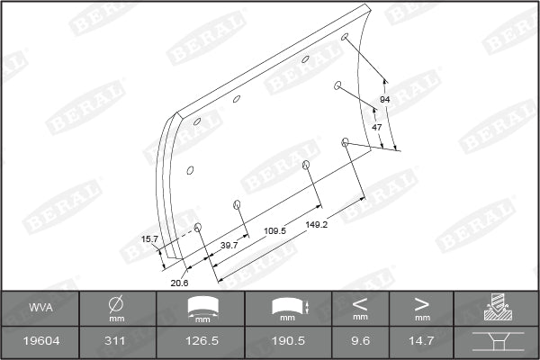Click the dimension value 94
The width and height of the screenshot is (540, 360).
(385, 98)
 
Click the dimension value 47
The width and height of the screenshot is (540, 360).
(377, 128)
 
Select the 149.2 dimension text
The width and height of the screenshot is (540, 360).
(317, 224)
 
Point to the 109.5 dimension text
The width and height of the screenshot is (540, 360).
(274, 231)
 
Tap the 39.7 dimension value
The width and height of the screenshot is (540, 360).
(228, 245)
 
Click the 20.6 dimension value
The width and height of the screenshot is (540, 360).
(179, 283)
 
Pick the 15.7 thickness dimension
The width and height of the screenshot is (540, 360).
(149, 238)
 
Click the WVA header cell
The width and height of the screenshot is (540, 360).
(40, 310)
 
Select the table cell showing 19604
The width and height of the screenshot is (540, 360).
(40, 342)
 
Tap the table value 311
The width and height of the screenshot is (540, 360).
(115, 342)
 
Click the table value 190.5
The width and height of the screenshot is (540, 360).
(288, 342)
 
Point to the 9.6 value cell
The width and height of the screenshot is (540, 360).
(360, 342)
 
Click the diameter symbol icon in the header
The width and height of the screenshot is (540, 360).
(115, 304)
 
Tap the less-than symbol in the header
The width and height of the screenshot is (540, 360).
(360, 304)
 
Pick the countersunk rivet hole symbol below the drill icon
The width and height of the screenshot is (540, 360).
(496, 342)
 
